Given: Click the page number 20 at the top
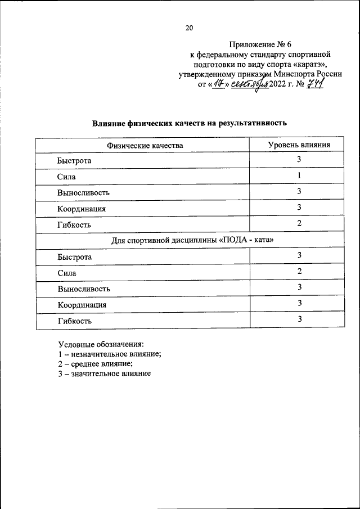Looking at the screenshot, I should click(x=189, y=29).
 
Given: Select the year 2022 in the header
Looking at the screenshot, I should click(x=281, y=85).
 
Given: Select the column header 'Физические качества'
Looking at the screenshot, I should click(x=145, y=146).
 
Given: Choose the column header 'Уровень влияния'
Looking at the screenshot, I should click(x=299, y=145).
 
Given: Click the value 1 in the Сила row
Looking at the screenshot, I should click(x=300, y=176).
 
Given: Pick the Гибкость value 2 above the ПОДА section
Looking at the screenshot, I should click(x=300, y=223).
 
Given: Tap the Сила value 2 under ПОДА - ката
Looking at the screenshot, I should click(x=300, y=272).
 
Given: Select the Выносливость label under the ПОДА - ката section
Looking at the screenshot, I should click(x=83, y=289).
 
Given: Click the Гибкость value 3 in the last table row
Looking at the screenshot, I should click(x=300, y=319).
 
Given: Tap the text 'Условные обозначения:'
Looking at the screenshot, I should click(x=101, y=344).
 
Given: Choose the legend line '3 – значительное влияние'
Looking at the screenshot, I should click(x=104, y=374).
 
